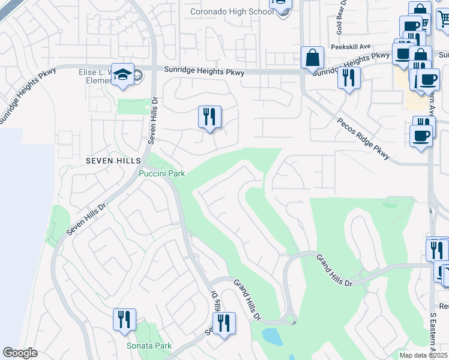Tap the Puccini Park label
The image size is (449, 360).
(161, 174)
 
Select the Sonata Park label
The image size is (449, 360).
(149, 346)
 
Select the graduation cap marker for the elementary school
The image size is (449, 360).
(123, 74)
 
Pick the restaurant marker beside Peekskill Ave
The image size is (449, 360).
(348, 77)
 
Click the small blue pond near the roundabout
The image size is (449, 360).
(272, 337)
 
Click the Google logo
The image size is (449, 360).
(20, 353)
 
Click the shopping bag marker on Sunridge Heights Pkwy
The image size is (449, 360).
(312, 58)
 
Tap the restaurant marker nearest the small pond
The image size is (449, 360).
(224, 323)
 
